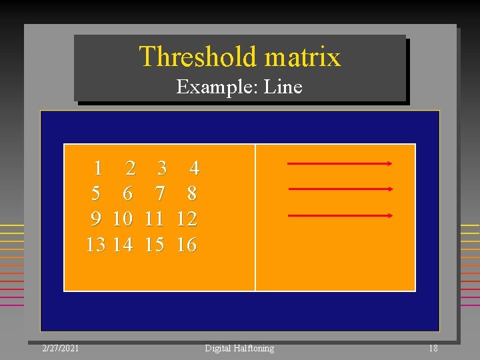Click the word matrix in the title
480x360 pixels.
point(303,57)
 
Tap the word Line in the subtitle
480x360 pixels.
point(283,87)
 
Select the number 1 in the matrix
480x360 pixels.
point(98,167)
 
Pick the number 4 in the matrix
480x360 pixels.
point(194,167)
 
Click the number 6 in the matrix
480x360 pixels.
point(127,193)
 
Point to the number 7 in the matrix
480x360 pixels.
point(160,193)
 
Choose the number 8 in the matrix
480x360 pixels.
point(192,193)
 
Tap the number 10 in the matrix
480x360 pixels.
point(122,219)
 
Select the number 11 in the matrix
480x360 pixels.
point(154,219)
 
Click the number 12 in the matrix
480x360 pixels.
point(187,219)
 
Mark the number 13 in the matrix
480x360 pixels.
point(95,245)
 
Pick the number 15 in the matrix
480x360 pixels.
point(154,245)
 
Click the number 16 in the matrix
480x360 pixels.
point(187,245)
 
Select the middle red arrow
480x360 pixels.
point(341,189)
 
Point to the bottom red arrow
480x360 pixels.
point(340,215)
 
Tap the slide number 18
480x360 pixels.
point(433,348)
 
